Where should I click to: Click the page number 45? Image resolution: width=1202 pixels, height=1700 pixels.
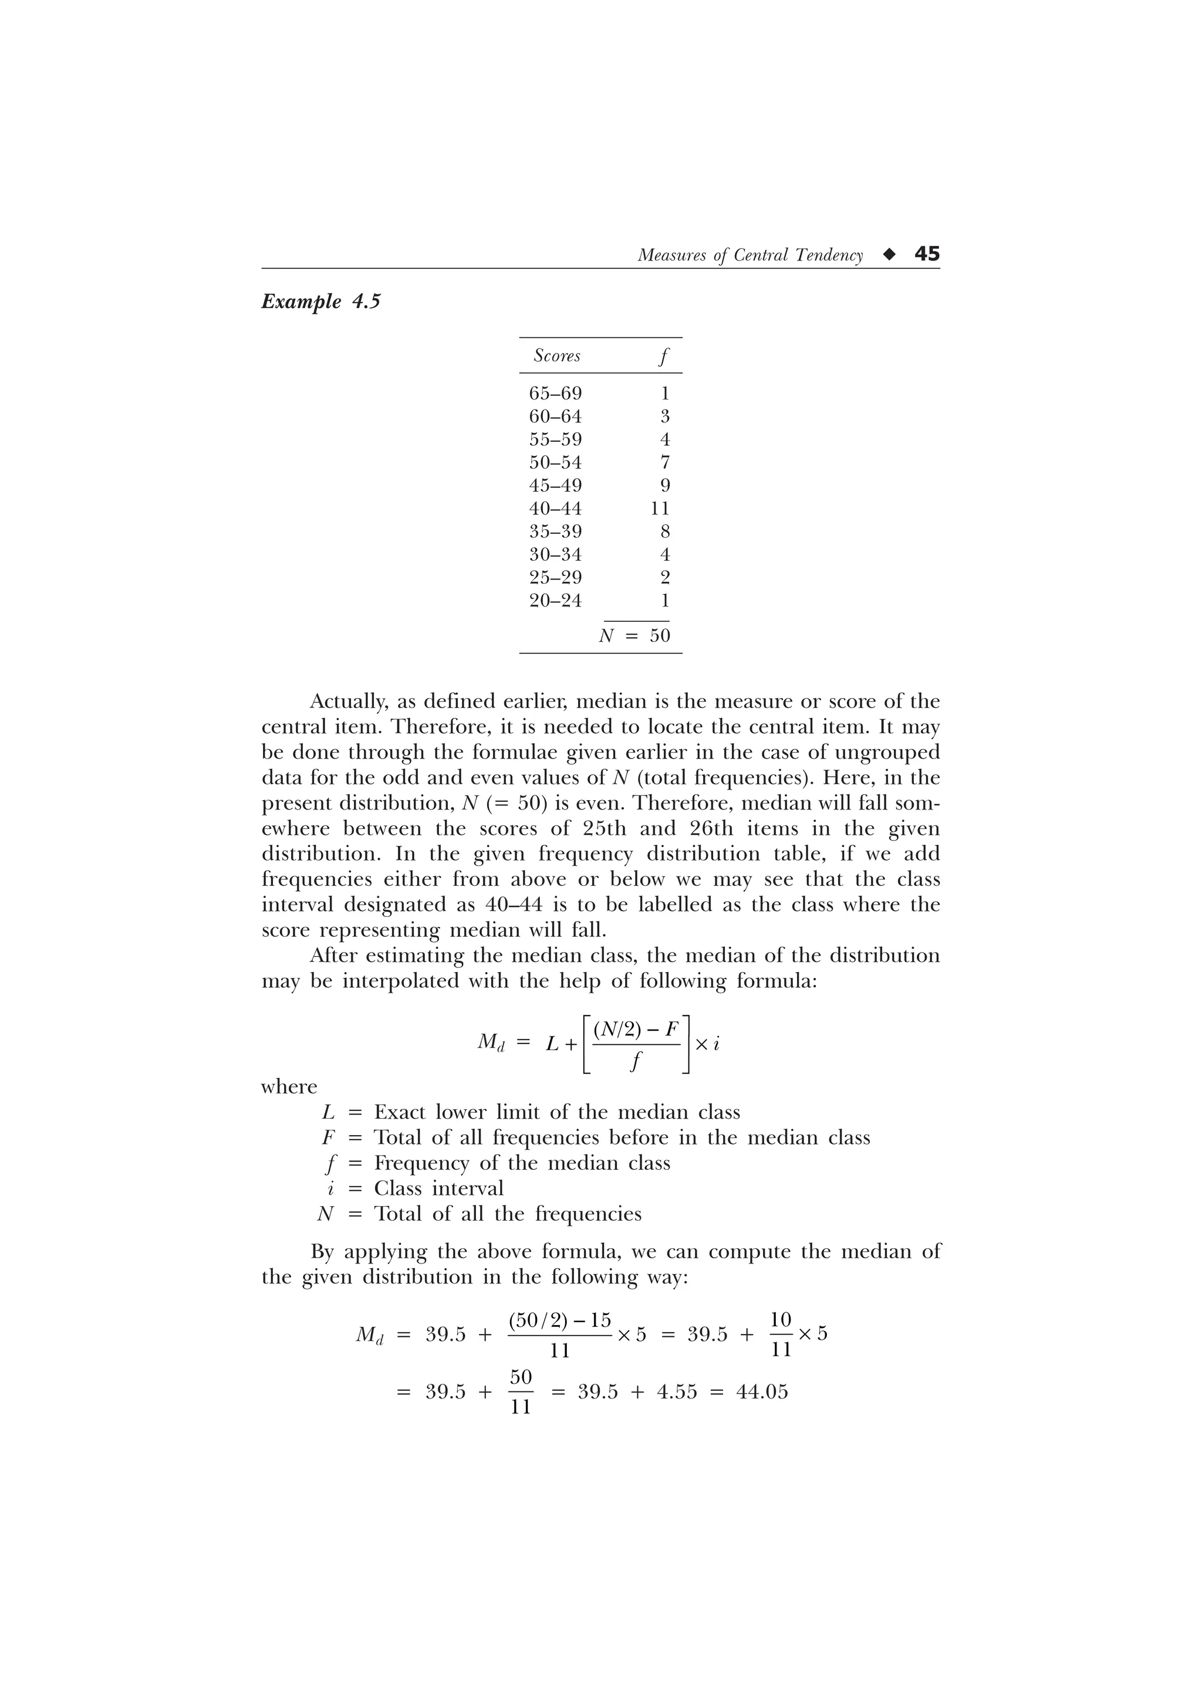tap(927, 254)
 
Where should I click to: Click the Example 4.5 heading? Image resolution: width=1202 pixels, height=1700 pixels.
tap(320, 302)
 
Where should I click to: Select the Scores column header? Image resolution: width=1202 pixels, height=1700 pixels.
tap(557, 356)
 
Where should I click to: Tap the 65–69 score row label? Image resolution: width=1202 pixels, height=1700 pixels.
tap(555, 393)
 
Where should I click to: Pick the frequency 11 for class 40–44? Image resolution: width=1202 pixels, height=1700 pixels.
tap(659, 509)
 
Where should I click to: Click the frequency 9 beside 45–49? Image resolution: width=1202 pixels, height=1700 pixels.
tap(664, 486)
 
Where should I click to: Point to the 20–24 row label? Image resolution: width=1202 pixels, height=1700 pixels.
tap(555, 601)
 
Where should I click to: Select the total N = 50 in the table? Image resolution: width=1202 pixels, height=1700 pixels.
tap(634, 636)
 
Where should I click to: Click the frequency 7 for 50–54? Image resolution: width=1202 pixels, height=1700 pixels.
tap(664, 463)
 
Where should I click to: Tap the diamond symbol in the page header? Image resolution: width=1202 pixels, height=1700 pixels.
tap(889, 255)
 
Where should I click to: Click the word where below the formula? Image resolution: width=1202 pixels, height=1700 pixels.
tap(289, 1087)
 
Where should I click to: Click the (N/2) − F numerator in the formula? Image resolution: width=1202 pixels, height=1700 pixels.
tap(636, 1029)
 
